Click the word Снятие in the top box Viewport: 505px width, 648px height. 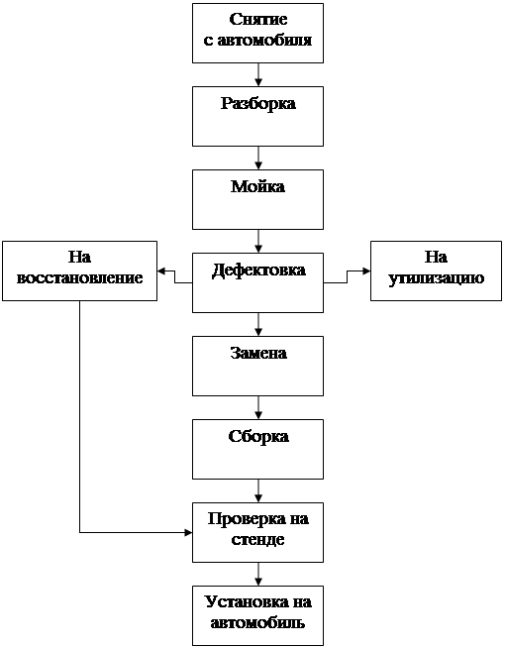coord(258,20)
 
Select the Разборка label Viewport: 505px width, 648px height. coord(258,104)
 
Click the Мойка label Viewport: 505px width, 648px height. coord(258,186)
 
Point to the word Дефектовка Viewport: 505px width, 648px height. coord(258,270)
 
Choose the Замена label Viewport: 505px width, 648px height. coord(258,353)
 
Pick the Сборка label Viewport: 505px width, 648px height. coord(258,437)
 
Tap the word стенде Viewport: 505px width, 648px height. coord(257,540)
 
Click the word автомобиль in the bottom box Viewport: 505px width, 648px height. coord(257,623)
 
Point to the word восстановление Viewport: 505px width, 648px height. coord(79,277)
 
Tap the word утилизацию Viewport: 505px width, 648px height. coord(436,278)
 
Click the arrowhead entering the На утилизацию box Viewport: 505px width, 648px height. coord(366,271)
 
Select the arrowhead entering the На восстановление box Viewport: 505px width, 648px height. coord(161,271)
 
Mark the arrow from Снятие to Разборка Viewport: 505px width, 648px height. coord(258,74)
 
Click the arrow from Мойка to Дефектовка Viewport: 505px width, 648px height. coord(258,242)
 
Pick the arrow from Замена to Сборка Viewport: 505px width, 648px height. coord(258,408)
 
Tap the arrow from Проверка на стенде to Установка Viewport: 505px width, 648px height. coord(258,574)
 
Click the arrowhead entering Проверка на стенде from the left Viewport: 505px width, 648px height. coord(188,533)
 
